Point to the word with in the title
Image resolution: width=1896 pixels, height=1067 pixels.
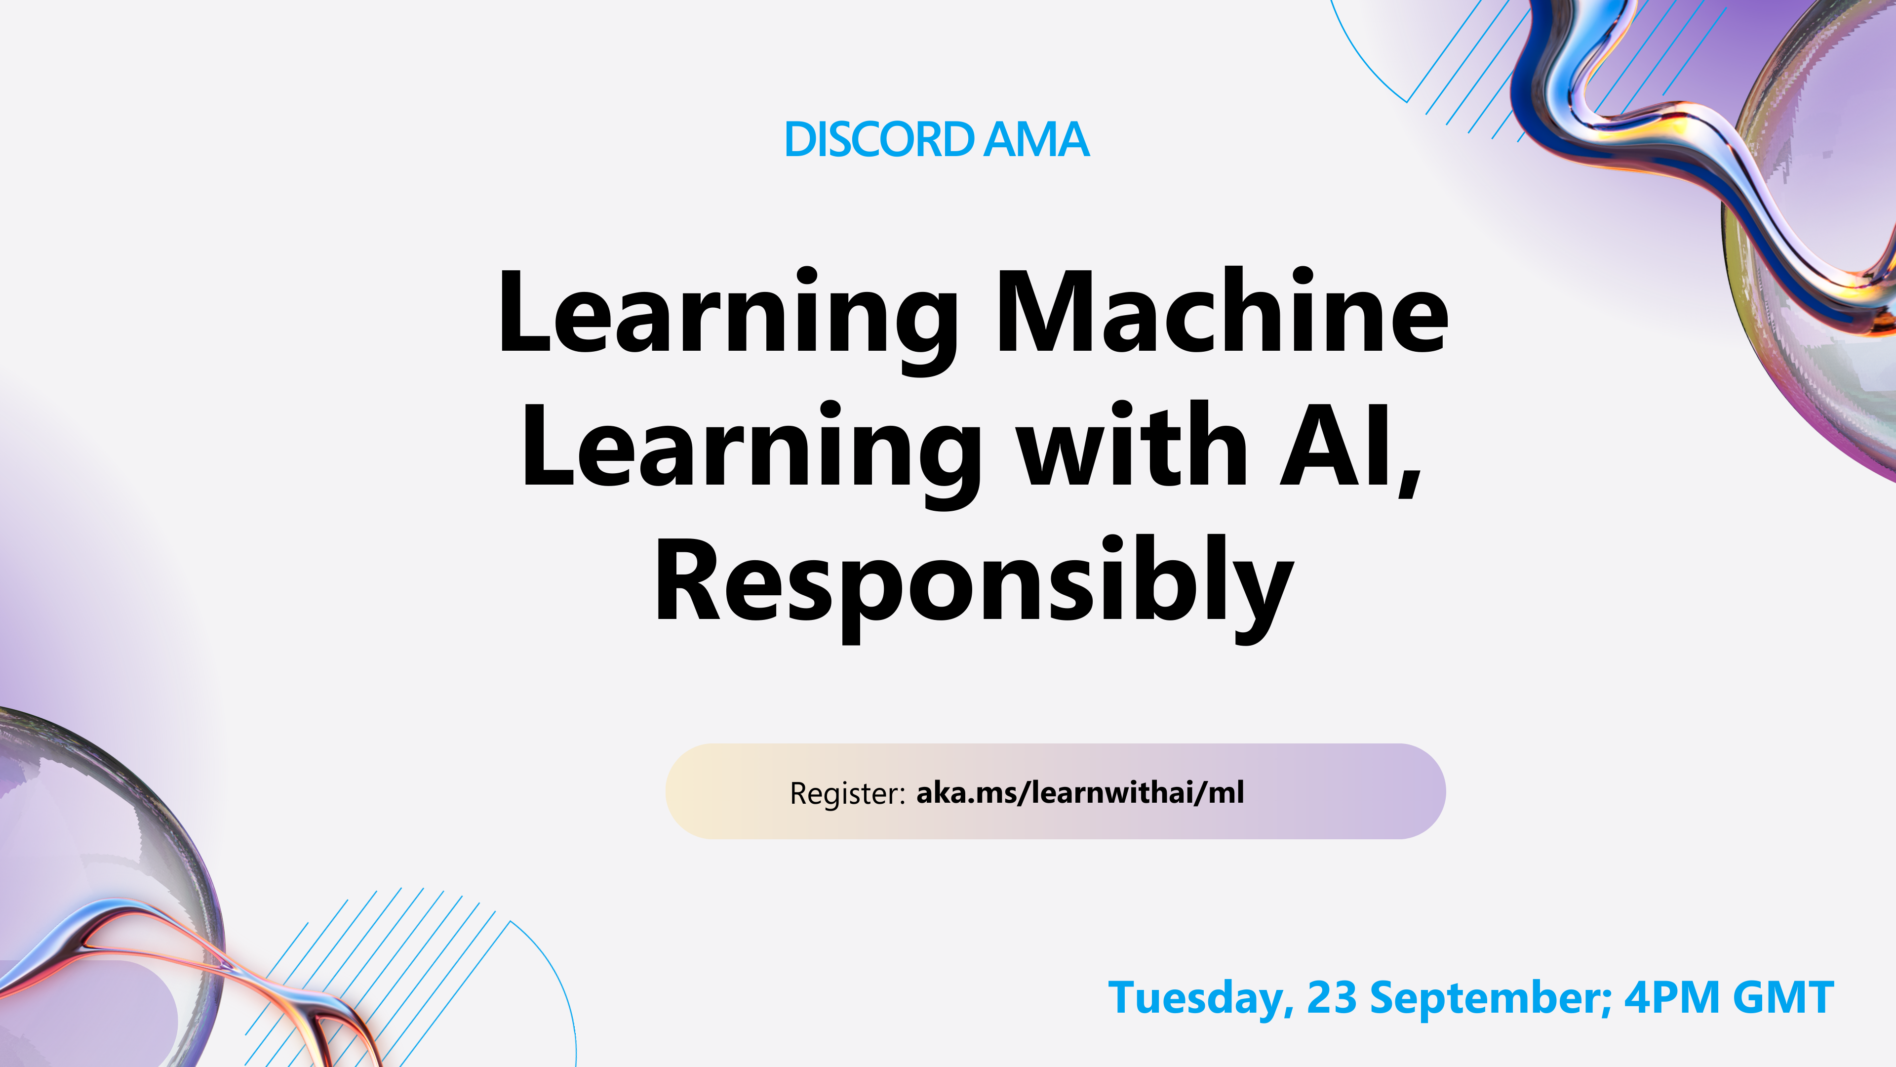[x=1134, y=446]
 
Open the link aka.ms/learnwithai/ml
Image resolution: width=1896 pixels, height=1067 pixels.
[x=1080, y=792]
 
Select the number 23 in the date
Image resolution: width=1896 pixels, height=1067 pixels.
[x=1332, y=998]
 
